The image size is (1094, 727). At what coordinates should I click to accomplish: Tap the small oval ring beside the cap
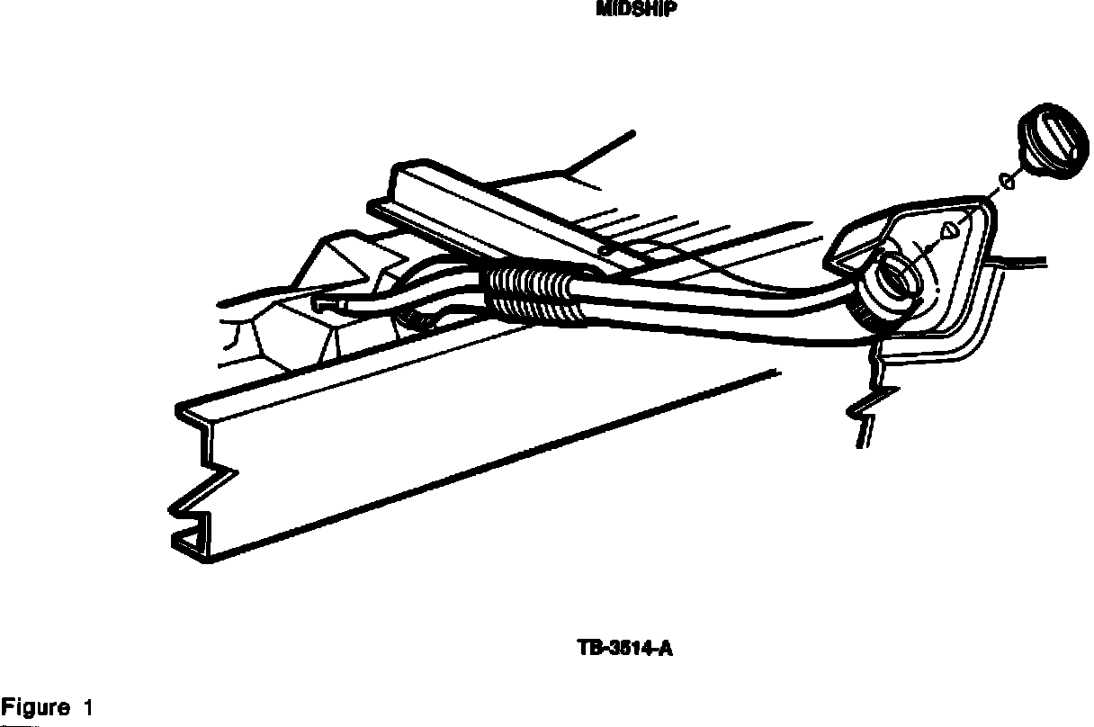(1008, 183)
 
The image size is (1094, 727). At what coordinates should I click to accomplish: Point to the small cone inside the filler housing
(946, 230)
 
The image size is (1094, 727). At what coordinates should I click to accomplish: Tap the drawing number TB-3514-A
(623, 648)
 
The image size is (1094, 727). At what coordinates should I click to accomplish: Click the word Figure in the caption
(35, 708)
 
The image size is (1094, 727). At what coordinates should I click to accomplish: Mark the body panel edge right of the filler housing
(1021, 262)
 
